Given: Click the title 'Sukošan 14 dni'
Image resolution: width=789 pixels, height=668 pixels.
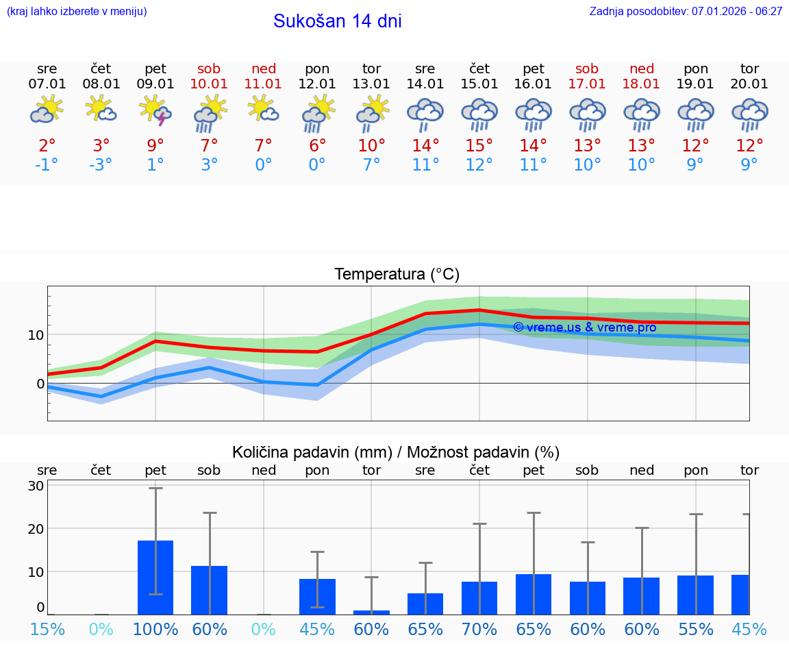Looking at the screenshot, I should (337, 21).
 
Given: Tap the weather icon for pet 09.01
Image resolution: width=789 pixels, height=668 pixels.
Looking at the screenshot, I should (155, 112).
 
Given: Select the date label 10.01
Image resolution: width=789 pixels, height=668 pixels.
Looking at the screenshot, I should (209, 84).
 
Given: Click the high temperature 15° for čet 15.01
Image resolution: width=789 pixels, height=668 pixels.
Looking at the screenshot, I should (479, 145).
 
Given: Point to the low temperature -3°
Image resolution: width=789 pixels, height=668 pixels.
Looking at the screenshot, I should (101, 164).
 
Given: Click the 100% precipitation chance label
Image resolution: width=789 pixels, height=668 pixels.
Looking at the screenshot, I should (155, 629).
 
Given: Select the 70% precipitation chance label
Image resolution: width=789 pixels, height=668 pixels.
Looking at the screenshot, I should (479, 629).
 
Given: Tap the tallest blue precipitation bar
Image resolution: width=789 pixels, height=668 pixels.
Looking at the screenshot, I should (155, 578).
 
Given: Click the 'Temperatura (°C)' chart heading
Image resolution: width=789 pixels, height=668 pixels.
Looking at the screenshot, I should (397, 275).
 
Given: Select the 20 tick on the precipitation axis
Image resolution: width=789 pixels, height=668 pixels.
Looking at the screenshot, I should (36, 529).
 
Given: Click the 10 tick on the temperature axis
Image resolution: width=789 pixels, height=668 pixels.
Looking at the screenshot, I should (36, 335).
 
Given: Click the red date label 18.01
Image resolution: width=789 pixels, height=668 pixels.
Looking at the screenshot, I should (641, 84).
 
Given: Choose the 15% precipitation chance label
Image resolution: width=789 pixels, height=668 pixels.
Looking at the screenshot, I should (47, 629).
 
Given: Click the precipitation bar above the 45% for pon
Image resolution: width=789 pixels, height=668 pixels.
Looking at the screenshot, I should (317, 597).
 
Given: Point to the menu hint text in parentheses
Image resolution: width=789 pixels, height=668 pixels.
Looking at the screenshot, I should (77, 12).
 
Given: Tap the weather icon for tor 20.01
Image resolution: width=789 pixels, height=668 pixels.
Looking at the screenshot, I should (749, 114).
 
